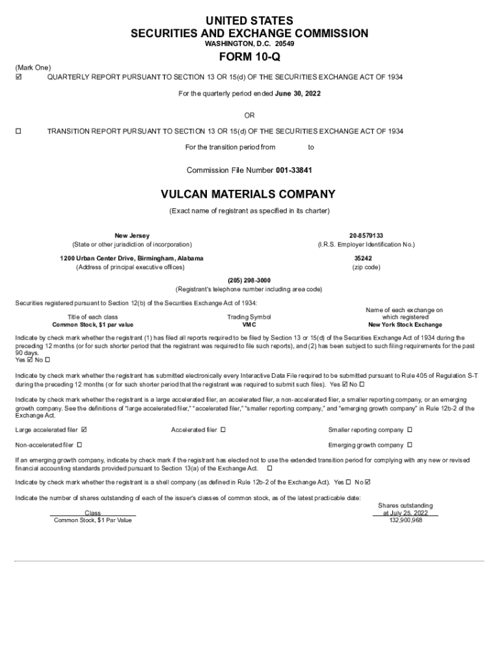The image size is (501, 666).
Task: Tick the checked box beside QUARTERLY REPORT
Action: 18,77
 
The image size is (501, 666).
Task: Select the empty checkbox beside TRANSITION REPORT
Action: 18,131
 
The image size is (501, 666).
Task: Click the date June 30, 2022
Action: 297,94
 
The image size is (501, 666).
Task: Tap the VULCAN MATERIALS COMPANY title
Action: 249,194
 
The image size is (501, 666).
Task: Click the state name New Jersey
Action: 131,235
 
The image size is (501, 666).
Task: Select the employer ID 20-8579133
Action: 366,235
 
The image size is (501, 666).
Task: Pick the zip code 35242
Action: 363,258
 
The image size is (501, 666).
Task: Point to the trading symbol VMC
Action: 249,325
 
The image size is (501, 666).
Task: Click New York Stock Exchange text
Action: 405,325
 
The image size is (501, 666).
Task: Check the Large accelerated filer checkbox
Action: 84,430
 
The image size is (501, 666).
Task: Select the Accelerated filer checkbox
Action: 223,430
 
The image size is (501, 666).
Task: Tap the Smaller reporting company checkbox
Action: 410,430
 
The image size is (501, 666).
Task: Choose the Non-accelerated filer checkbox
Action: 79,446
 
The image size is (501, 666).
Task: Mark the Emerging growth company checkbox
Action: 410,446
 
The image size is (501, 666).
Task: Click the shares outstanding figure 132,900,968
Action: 405,520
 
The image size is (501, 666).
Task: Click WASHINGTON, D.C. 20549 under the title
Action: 249,44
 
